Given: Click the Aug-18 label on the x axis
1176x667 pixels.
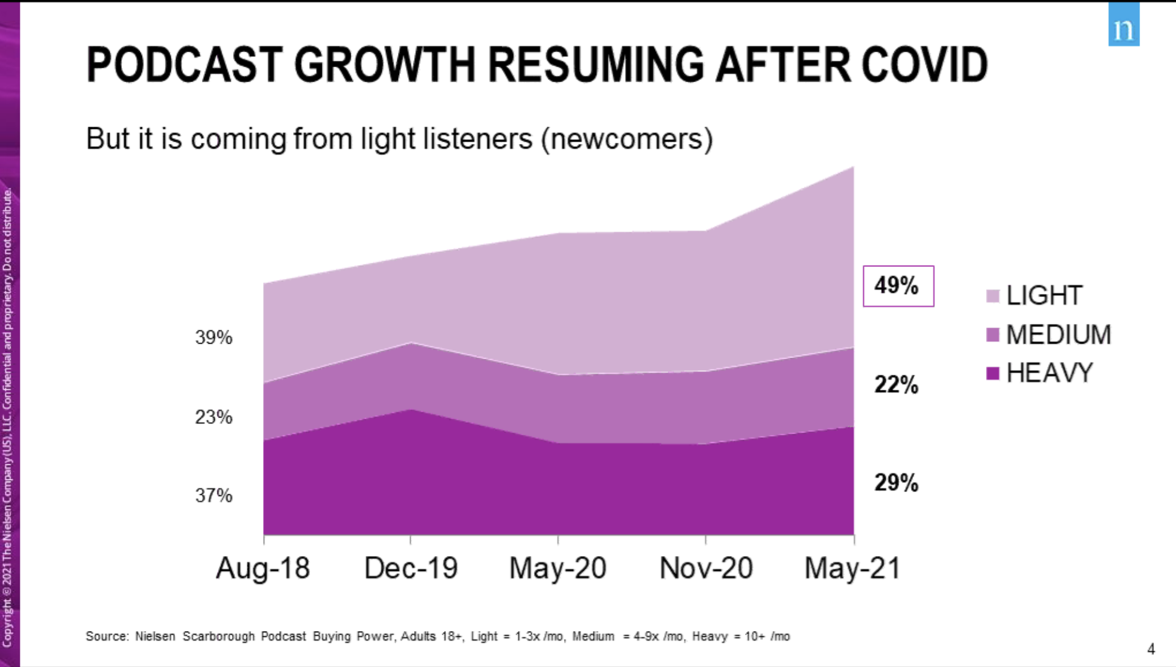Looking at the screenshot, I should (263, 567).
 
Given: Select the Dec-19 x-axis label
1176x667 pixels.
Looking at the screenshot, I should (411, 567).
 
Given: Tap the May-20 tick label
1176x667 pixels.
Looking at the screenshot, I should (557, 567).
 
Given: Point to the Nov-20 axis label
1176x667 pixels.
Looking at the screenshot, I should (705, 567).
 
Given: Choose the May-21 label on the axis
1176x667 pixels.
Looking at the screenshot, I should (852, 567).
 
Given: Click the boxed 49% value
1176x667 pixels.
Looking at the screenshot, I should (897, 286).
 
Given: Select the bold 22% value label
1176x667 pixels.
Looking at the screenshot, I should (896, 384).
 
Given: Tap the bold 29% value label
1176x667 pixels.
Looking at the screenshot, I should (896, 482).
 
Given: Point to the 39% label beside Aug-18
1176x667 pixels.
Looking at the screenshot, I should (213, 337).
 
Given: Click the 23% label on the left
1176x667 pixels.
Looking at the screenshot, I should (213, 417).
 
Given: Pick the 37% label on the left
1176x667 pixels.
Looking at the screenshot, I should (213, 495).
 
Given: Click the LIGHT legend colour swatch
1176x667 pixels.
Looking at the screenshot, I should (993, 296).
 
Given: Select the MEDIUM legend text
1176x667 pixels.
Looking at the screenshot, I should (1059, 335).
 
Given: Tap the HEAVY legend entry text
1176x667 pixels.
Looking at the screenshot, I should (1050, 373).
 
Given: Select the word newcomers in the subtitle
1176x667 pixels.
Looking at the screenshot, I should (628, 139).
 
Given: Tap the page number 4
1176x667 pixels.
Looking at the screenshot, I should (1151, 649).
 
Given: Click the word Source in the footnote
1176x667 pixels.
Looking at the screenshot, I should (107, 636).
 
